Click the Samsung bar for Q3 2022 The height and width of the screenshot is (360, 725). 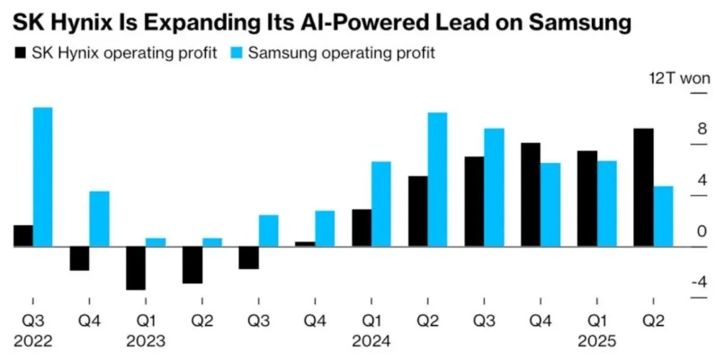[42, 176]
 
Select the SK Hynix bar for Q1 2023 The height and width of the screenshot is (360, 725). [136, 267]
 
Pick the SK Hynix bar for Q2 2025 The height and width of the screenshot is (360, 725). [642, 187]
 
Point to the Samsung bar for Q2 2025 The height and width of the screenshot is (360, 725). [663, 216]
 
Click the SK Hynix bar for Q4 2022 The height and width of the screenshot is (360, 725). [79, 257]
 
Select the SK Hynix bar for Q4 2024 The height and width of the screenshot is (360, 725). [530, 194]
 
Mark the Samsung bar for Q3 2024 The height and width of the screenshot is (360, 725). [494, 187]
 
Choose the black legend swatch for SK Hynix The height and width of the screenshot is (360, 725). [21, 53]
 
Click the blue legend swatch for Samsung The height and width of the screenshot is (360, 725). [237, 53]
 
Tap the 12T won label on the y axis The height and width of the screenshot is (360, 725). [680, 77]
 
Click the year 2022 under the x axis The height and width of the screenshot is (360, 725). [33, 342]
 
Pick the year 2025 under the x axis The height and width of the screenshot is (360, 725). [597, 342]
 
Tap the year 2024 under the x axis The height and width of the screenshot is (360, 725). [371, 342]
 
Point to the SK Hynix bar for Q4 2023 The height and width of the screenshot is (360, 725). [305, 243]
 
